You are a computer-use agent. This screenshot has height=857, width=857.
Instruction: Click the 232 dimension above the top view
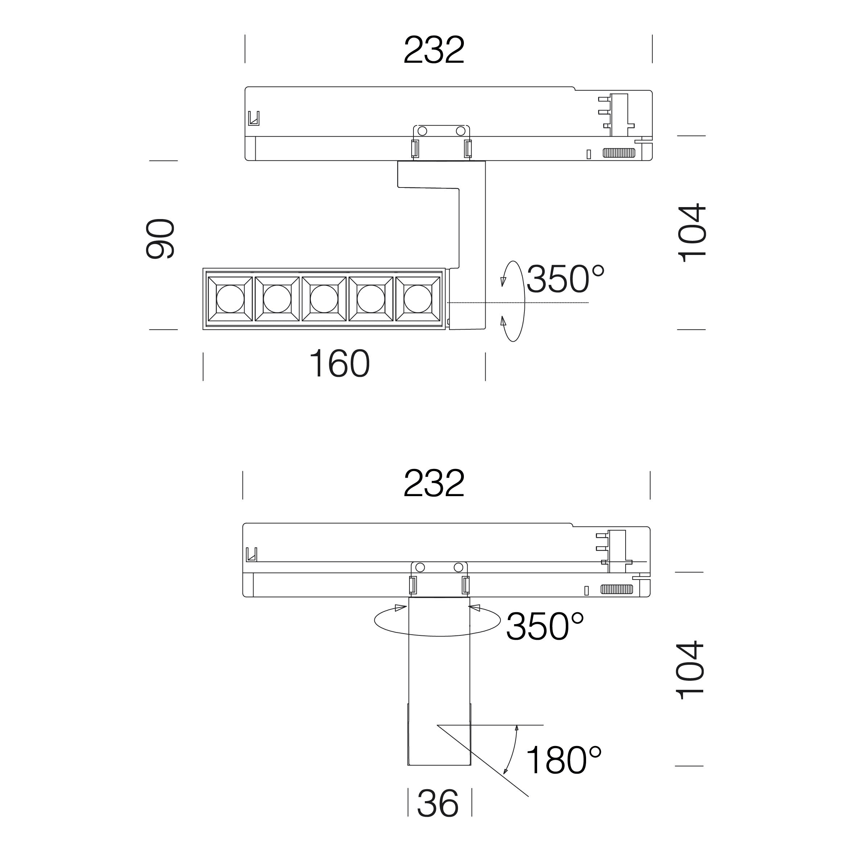pyautogui.click(x=434, y=50)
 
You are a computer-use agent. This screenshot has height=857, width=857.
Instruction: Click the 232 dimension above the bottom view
pyautogui.click(x=434, y=483)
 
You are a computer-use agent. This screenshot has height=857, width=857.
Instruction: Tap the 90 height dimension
pyautogui.click(x=160, y=239)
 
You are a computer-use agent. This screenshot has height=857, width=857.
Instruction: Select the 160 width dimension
pyautogui.click(x=339, y=364)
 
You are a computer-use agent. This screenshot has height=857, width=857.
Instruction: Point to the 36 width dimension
pyautogui.click(x=438, y=803)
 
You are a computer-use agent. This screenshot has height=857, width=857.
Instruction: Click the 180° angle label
pyautogui.click(x=563, y=760)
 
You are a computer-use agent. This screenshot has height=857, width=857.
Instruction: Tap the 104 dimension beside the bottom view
pyautogui.click(x=690, y=670)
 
